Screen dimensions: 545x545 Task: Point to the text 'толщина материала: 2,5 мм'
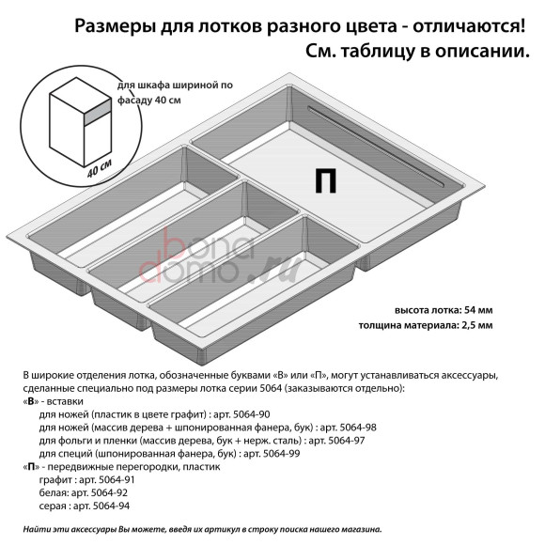tap(425, 325)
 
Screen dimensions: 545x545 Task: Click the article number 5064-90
tap(245, 413)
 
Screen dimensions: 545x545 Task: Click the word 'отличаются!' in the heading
tap(463, 25)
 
